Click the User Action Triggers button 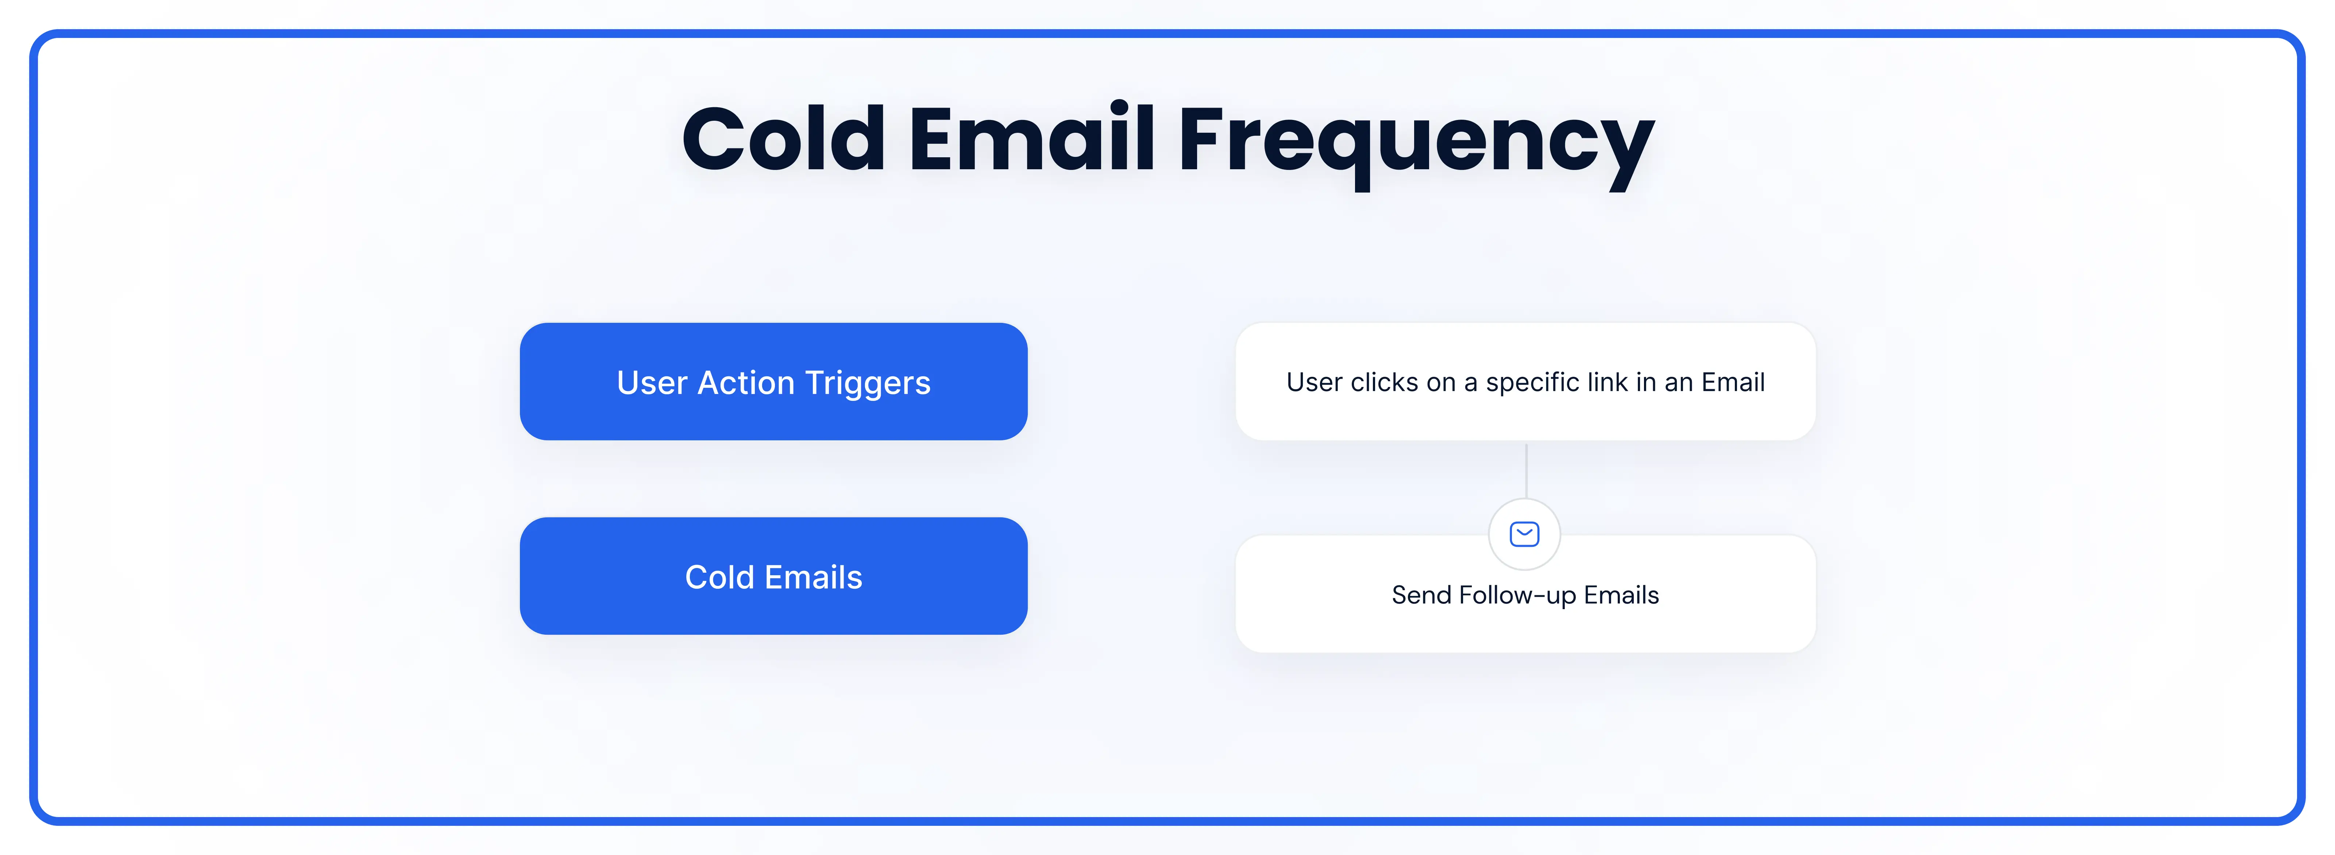773,382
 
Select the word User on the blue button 652,383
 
